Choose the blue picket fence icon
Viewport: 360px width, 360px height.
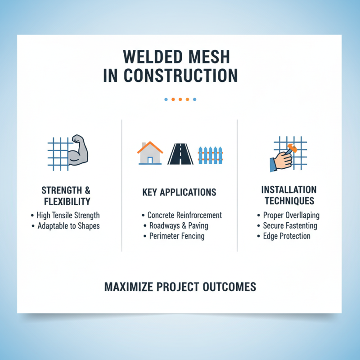[x=211, y=155]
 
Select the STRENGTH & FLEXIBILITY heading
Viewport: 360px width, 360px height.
[x=66, y=195]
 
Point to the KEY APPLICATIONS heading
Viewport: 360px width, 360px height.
[x=180, y=193]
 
